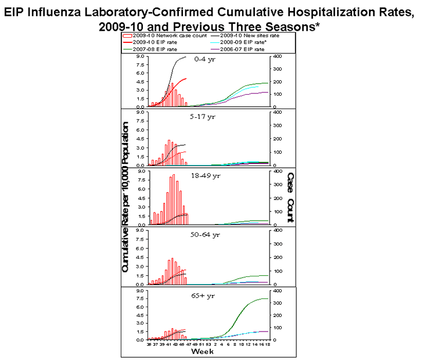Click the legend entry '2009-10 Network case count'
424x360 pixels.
pos(158,37)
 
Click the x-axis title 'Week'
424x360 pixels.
pos(202,352)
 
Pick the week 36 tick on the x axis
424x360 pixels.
pos(149,345)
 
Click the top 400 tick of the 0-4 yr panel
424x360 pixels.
pos(278,56)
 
